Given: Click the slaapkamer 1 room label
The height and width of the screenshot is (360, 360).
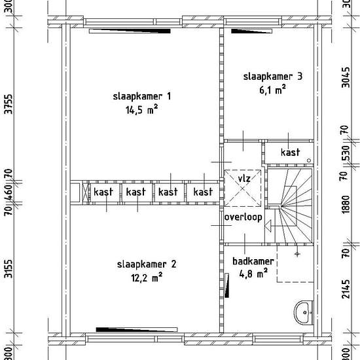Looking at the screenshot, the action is (142, 96).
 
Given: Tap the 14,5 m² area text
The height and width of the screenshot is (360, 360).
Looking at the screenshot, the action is (141, 109).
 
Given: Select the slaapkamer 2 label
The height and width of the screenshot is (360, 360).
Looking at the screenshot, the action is (147, 264).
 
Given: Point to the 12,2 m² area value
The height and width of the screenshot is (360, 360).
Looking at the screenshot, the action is (147, 278).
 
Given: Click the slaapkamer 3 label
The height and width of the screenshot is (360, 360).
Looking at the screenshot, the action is (273, 77).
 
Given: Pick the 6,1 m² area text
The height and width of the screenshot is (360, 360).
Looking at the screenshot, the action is (273, 89).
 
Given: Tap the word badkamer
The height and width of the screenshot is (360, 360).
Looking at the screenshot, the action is (253, 261).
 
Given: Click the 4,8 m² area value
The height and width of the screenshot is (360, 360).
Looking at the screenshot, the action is (253, 274).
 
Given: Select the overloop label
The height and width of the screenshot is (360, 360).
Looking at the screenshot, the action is (243, 217).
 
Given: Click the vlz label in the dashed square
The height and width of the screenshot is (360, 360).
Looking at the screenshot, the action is (244, 179).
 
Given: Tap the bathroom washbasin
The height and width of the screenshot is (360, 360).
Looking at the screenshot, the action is (304, 313).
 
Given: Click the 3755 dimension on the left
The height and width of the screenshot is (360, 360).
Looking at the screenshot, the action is (9, 104).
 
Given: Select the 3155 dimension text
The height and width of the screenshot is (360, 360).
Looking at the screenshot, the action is (9, 268).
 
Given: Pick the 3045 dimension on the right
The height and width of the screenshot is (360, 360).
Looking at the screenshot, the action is (346, 77).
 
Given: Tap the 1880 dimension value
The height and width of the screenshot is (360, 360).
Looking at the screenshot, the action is (346, 204).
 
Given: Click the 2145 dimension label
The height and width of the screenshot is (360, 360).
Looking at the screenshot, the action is (346, 289).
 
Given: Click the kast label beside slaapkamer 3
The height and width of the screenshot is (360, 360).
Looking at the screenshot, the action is (291, 153).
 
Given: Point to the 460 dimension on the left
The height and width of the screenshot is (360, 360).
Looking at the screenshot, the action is (9, 192).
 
